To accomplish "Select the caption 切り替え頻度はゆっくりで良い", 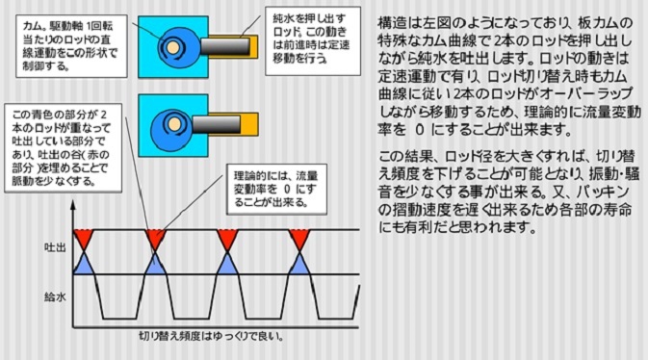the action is (x=212, y=338).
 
